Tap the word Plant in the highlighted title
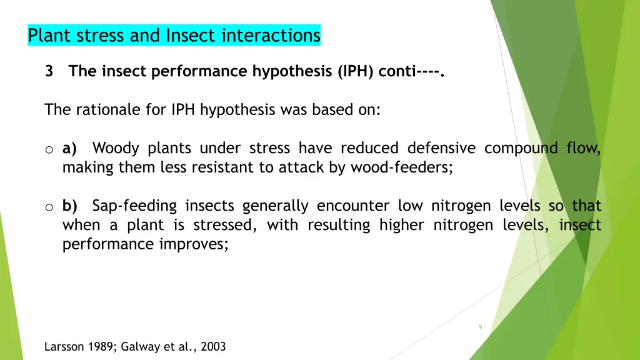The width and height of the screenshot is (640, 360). point(49,36)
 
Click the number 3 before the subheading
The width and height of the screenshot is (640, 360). point(49,71)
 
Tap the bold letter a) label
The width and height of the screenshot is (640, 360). point(69,149)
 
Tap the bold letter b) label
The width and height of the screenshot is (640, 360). point(69,206)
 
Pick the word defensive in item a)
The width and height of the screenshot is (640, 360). point(441,149)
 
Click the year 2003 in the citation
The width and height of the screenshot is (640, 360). point(213,347)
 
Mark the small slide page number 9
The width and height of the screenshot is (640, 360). point(480,327)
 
